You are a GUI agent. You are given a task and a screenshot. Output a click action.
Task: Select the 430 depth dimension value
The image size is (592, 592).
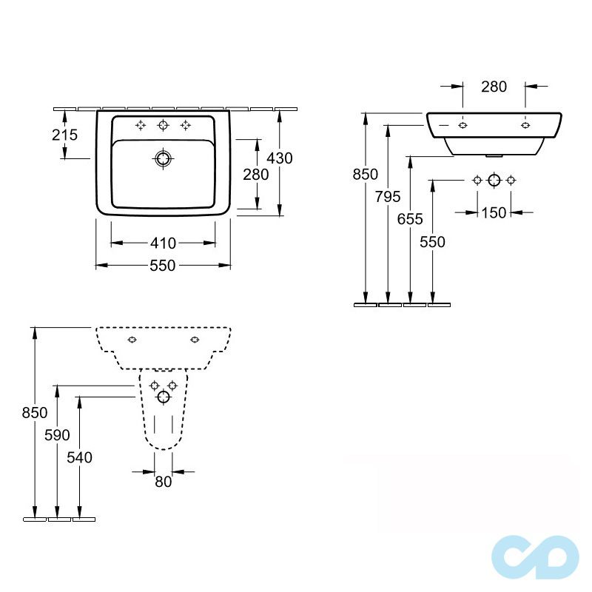click(280, 158)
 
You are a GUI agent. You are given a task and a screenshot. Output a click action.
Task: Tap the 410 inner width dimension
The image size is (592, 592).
click(163, 243)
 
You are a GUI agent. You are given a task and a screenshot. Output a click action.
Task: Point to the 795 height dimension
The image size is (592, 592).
click(388, 196)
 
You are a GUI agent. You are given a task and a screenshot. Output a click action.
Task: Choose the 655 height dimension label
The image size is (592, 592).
click(409, 218)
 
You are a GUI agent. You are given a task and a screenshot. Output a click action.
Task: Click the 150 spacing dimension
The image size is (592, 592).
click(494, 213)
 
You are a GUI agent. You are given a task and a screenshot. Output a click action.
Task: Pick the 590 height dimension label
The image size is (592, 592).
click(58, 435)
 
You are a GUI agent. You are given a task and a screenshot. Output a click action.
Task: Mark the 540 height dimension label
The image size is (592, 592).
click(79, 457)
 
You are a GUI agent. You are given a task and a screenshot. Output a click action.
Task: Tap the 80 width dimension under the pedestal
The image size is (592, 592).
click(163, 482)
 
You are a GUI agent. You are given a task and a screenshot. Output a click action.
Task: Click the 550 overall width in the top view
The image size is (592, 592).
click(163, 266)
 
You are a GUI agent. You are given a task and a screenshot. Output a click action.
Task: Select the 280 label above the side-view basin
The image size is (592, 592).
click(494, 87)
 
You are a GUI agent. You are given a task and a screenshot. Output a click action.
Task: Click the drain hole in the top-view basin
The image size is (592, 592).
click(163, 158)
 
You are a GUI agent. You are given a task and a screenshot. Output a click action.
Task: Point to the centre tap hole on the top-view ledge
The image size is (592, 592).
click(164, 125)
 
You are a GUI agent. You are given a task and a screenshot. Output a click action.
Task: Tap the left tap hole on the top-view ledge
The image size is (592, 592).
click(141, 125)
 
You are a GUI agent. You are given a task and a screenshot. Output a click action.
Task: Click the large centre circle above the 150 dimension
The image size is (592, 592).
click(494, 181)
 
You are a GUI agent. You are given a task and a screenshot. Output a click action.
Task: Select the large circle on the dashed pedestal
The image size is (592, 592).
click(164, 397)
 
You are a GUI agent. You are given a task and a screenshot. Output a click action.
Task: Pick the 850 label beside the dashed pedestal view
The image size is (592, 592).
click(34, 412)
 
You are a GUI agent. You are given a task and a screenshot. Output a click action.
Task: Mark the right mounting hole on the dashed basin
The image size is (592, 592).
click(195, 340)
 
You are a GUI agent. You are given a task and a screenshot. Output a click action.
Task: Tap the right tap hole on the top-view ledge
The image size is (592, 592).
click(186, 125)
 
